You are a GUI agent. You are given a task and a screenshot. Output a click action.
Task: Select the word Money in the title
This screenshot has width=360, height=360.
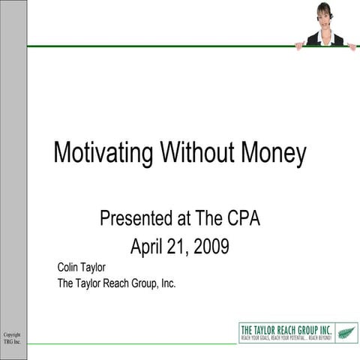274,153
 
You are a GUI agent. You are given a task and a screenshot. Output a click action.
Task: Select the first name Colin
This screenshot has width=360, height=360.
70,266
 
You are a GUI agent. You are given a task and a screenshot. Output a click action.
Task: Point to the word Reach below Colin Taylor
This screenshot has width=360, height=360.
117,283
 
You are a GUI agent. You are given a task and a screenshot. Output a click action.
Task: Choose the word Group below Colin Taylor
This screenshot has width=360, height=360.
146,283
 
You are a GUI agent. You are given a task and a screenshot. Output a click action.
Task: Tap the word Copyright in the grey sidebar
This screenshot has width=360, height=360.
12,334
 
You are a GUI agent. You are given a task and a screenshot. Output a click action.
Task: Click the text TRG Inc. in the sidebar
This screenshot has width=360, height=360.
12,342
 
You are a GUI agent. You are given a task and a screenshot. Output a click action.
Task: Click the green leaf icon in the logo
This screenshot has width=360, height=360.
346,331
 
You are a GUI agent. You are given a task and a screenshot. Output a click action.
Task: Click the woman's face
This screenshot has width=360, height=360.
325,16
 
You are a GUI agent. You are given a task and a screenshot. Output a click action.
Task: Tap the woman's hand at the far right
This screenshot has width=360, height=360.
352,46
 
